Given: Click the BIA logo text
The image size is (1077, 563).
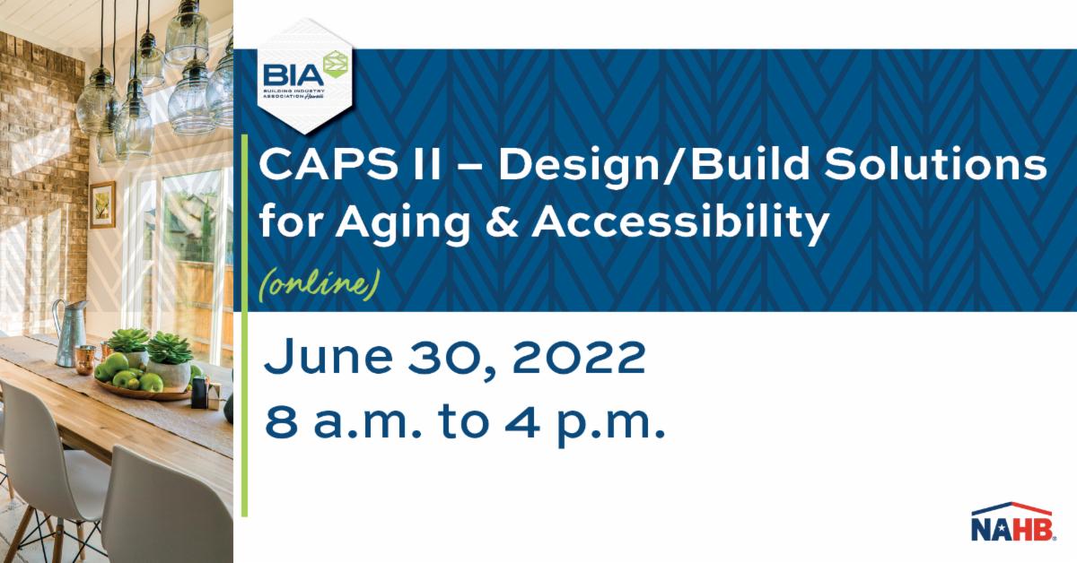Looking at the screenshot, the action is pyautogui.click(x=293, y=75).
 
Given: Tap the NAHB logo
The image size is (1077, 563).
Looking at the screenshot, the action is pyautogui.click(x=1012, y=522).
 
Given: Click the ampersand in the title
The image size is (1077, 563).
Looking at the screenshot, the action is pyautogui.click(x=503, y=222).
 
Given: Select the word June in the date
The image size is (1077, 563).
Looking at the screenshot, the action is pyautogui.click(x=328, y=356).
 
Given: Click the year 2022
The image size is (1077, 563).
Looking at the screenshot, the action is pyautogui.click(x=579, y=357).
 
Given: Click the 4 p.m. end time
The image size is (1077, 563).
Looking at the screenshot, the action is pyautogui.click(x=584, y=423).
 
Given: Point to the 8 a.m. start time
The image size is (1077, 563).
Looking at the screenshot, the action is pyautogui.click(x=343, y=423).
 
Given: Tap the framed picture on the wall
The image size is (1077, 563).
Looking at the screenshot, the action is pyautogui.click(x=102, y=205).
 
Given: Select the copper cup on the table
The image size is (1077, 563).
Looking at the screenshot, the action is pyautogui.click(x=85, y=359).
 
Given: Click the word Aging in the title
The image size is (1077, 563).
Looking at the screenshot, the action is pyautogui.click(x=402, y=223).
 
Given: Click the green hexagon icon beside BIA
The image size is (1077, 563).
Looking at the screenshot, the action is pyautogui.click(x=337, y=65).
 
